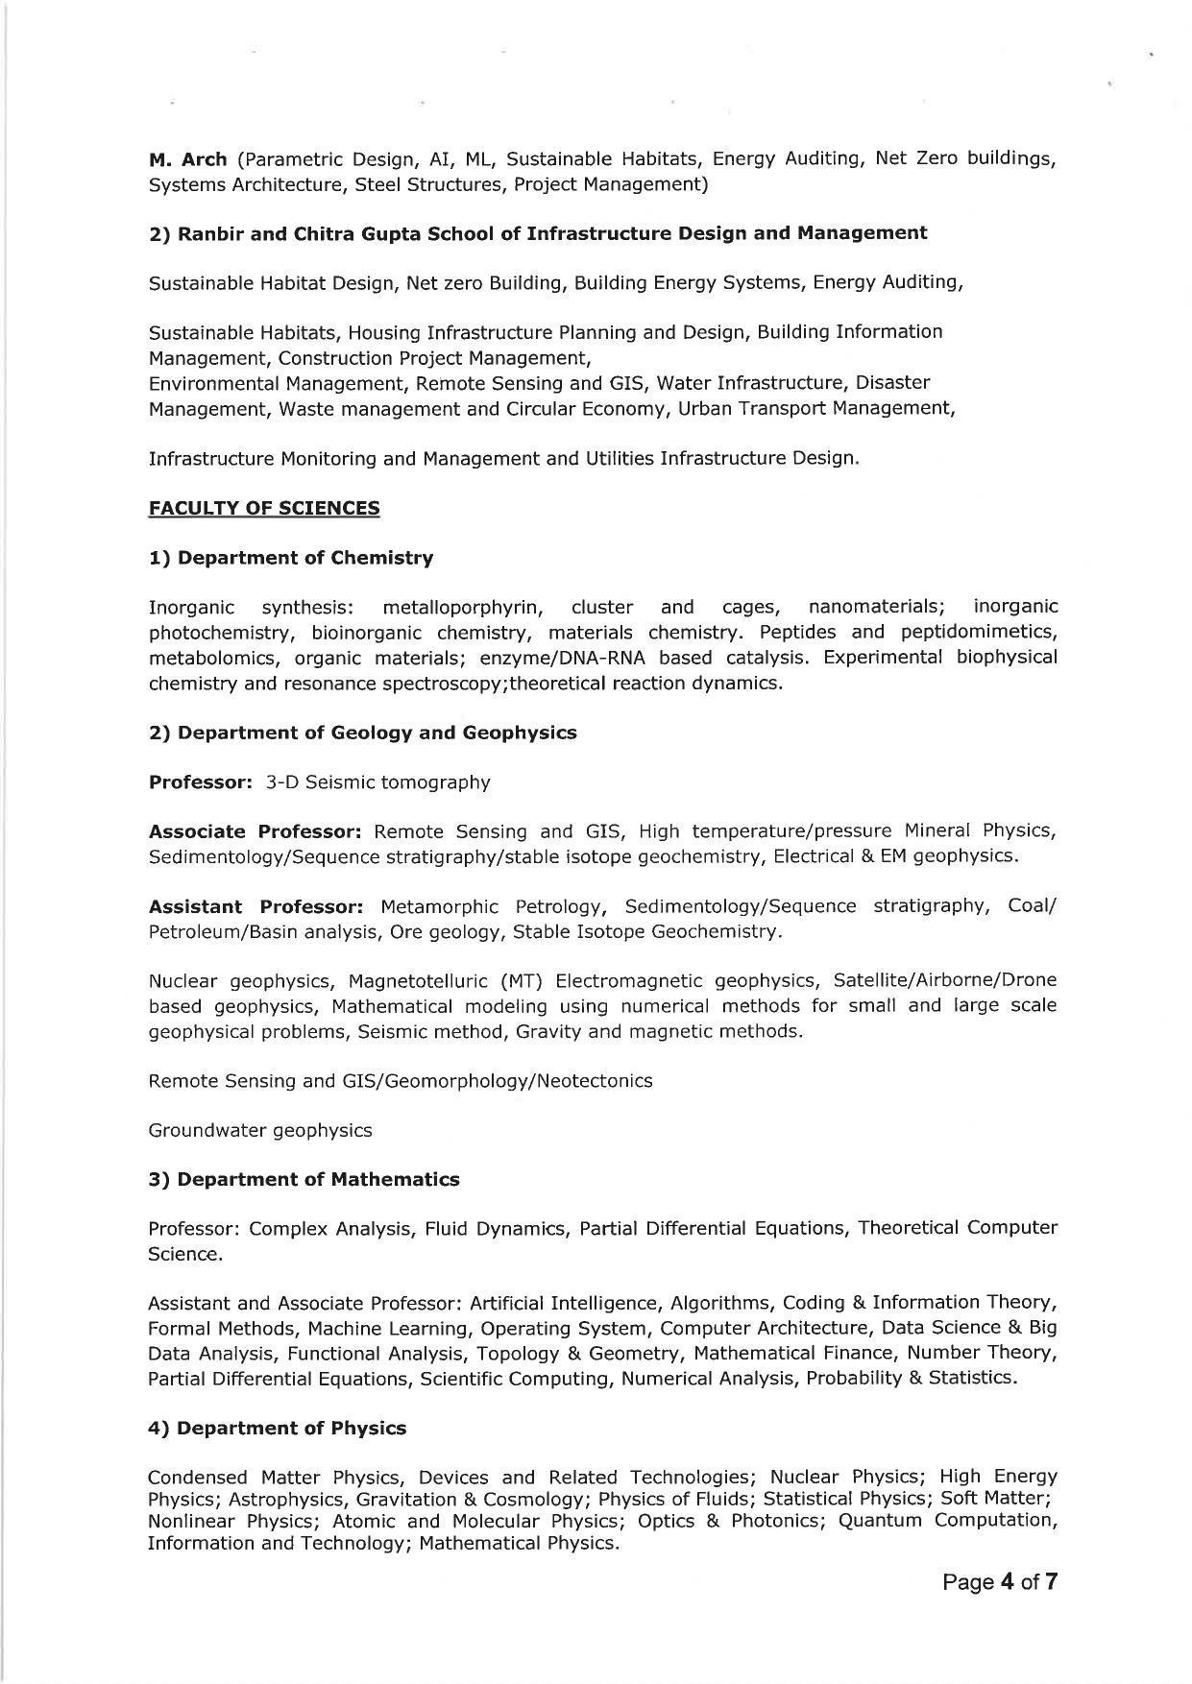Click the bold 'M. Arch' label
point(187,159)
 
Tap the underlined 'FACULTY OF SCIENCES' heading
point(264,508)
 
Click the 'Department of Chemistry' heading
point(304,558)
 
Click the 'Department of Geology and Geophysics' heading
point(377,733)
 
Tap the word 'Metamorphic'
point(440,906)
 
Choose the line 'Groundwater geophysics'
point(260,1130)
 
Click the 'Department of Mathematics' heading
point(318,1179)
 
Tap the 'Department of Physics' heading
point(291,1428)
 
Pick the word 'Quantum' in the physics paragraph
point(877,1521)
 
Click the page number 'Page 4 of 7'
point(1000,1582)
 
